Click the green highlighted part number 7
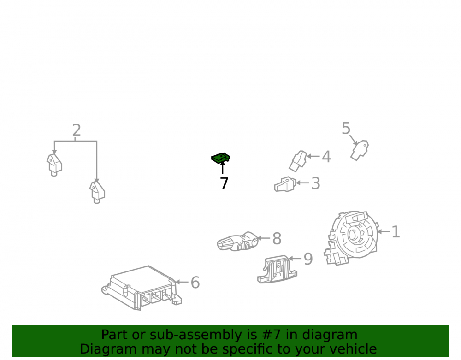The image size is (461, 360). pos(220,159)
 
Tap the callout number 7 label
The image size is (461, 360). pos(224,183)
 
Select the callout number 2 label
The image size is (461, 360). pos(77,130)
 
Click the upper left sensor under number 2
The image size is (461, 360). pos(54,165)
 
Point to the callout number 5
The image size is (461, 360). pos(346,128)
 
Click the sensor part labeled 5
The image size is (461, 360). pos(360,150)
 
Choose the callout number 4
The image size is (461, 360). pos(326,157)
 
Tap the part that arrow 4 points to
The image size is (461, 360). pos(298,161)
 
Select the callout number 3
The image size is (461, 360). pos(316,183)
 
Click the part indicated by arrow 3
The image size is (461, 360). pos(284,184)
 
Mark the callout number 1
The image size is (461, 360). pos(396,231)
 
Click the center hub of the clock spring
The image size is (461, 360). pos(352,235)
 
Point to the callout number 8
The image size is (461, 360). pos(277,238)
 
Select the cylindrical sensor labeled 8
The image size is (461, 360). pos(237,242)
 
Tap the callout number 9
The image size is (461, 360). pos(308,259)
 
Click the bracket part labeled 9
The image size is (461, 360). pos(277,269)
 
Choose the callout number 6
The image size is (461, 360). pos(195,283)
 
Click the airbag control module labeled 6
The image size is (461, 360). pos(142,288)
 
